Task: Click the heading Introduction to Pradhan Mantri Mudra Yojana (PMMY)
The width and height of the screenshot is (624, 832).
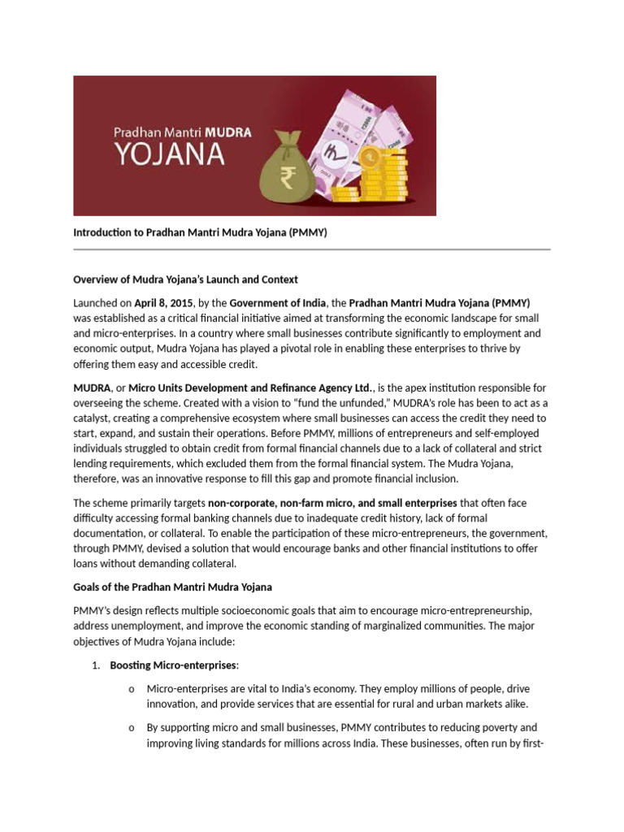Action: click(200, 232)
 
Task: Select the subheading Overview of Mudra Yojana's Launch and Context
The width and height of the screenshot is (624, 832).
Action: click(185, 279)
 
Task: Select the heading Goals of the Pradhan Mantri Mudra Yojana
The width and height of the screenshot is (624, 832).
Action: click(172, 587)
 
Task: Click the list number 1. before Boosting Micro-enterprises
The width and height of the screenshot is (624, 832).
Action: click(95, 666)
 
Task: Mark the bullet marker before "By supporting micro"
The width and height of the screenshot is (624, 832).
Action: click(131, 728)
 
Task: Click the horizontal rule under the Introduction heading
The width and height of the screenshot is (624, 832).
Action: click(312, 249)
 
